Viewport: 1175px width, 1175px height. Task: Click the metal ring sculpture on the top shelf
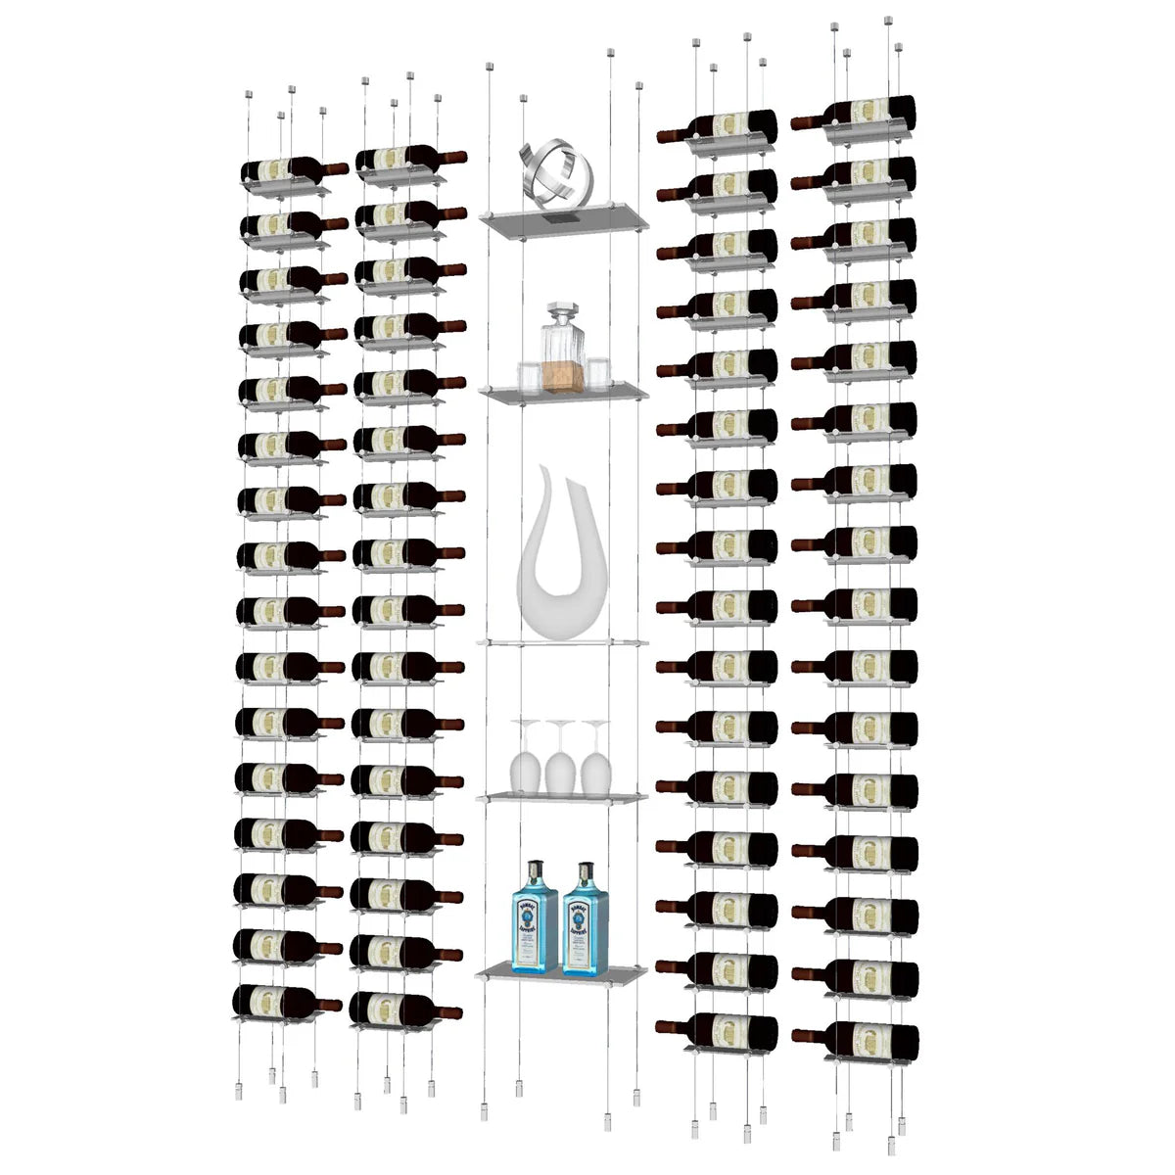pos(557,176)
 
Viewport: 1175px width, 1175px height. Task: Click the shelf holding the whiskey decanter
pos(563,394)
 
